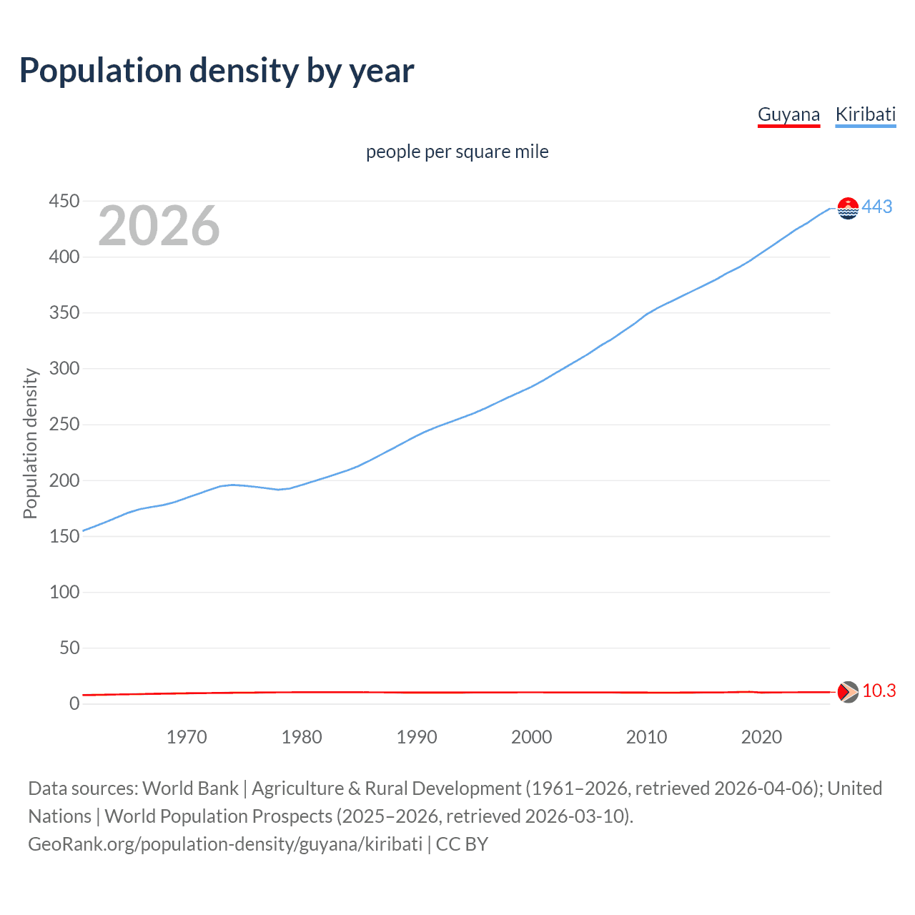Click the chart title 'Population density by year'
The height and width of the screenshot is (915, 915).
[217, 71]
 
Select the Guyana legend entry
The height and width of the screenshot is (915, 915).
[788, 114]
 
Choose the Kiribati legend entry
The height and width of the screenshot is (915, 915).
[865, 114]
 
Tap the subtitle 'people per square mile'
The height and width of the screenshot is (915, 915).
[457, 152]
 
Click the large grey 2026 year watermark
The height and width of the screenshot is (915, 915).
[159, 226]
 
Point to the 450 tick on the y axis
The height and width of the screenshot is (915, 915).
[64, 202]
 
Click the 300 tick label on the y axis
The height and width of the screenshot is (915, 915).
[64, 369]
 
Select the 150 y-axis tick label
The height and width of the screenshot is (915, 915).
[64, 536]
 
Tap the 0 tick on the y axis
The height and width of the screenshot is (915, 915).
[74, 703]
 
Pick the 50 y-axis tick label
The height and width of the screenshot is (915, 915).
[69, 648]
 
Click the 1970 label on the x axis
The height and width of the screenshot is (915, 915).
[187, 737]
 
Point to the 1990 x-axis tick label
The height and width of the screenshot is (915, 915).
[417, 737]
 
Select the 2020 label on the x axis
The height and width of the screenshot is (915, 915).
[761, 737]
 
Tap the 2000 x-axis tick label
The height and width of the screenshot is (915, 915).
[532, 737]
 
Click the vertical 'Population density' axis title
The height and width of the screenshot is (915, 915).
[30, 443]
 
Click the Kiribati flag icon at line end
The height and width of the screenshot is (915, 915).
[848, 208]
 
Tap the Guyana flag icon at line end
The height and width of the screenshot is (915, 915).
[848, 692]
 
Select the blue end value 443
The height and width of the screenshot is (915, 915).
[877, 207]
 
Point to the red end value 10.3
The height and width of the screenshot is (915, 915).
[879, 691]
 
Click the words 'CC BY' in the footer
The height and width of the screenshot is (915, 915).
[462, 844]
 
